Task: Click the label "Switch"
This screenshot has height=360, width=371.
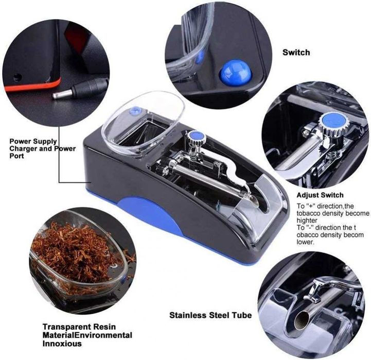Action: click(x=296, y=53)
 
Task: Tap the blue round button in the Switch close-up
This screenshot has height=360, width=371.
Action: click(x=235, y=71)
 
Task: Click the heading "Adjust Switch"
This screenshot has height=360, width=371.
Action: click(x=320, y=195)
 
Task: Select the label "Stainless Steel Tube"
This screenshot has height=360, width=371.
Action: click(x=210, y=315)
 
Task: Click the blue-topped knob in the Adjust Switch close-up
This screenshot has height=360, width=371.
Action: click(x=333, y=122)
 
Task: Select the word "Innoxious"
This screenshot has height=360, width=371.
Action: click(x=62, y=344)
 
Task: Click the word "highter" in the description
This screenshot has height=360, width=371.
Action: click(x=307, y=220)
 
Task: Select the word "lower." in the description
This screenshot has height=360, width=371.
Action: click(x=305, y=242)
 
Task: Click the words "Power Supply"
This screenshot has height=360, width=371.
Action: click(x=33, y=141)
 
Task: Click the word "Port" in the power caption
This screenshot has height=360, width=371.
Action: click(x=17, y=156)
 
